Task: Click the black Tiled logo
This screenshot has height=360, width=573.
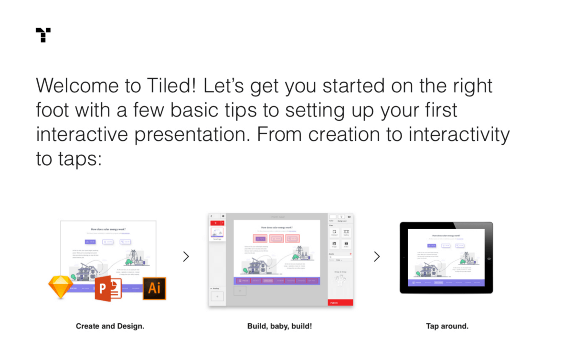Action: (x=43, y=35)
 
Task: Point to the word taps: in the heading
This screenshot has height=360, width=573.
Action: (x=69, y=159)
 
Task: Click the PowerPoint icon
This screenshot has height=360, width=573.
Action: (x=108, y=288)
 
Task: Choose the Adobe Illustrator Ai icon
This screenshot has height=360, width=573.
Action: (x=154, y=288)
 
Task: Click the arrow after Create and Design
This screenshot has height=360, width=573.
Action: (x=186, y=257)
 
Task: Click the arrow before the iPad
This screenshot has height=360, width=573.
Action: (x=377, y=257)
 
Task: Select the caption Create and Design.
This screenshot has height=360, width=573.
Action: (x=110, y=327)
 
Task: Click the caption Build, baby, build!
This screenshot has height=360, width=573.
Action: (x=280, y=327)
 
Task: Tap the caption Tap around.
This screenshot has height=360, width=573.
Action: (x=447, y=327)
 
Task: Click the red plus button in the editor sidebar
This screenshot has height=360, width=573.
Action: (x=215, y=223)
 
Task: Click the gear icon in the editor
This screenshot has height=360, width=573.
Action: (x=223, y=216)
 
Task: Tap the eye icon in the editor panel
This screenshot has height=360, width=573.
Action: (x=349, y=217)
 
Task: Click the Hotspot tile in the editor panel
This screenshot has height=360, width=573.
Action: (x=334, y=233)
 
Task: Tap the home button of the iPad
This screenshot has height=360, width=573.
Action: (x=488, y=258)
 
